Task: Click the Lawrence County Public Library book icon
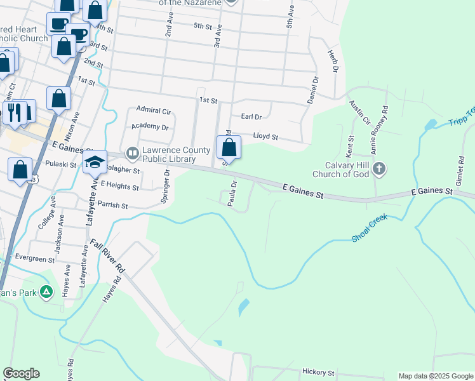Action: click(x=133, y=152)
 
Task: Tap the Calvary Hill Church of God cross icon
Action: click(x=379, y=169)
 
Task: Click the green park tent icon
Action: click(x=46, y=292)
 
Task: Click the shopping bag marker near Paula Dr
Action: click(x=229, y=147)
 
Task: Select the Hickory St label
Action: click(x=318, y=372)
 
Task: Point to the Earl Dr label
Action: click(x=251, y=117)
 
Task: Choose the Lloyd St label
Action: click(x=265, y=137)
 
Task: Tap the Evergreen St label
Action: click(x=36, y=259)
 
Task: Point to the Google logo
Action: click(x=21, y=373)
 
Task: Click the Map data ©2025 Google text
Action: click(x=435, y=376)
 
